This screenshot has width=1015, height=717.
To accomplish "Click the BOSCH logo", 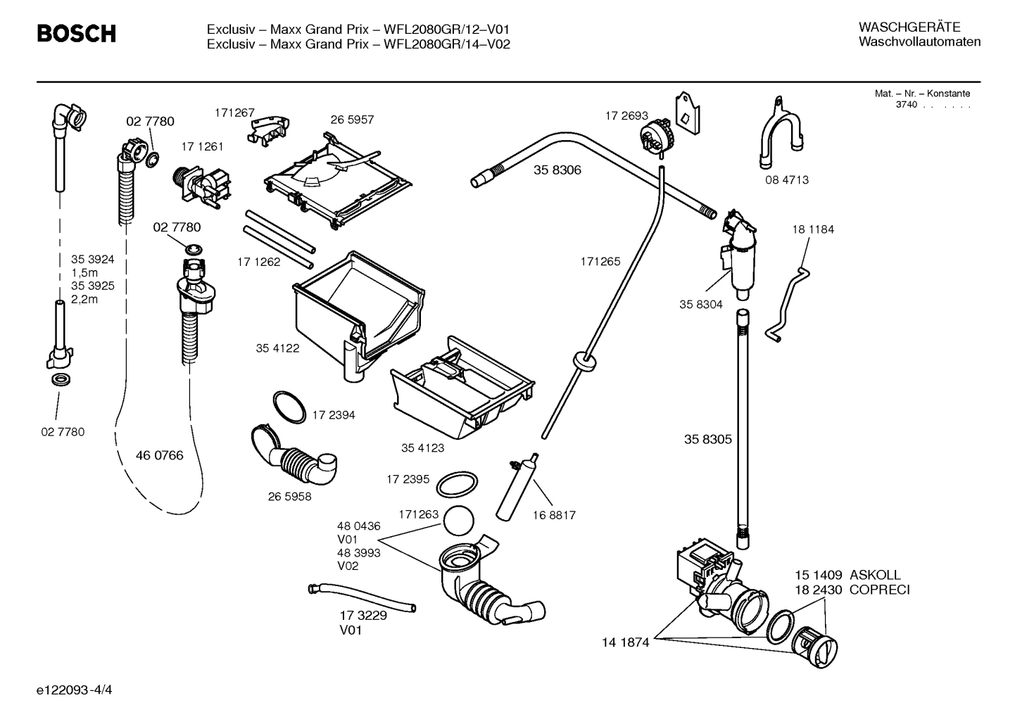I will tap(76, 33).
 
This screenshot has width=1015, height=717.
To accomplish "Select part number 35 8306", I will tap(557, 170).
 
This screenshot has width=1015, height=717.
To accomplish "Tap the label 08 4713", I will tap(787, 180).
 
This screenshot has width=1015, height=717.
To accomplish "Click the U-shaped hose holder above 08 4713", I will tap(781, 134).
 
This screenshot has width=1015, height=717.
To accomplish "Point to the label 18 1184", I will tap(812, 229).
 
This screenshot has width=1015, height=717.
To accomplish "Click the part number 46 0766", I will tap(159, 455).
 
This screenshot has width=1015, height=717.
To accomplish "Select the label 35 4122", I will tap(277, 348).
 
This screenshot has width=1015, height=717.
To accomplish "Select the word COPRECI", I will tap(879, 590).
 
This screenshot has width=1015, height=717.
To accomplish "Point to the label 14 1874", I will tap(625, 642).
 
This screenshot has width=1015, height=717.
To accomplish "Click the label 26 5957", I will tap(352, 120).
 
